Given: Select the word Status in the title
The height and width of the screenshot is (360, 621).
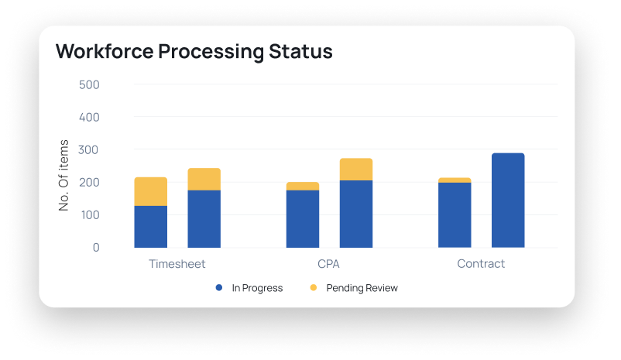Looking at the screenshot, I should [298, 52].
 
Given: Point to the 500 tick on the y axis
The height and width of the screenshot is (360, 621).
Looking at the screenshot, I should [89, 84].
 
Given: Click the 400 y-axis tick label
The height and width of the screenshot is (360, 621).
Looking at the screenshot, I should [89, 117].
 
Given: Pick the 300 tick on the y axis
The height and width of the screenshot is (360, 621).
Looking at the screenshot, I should [89, 149].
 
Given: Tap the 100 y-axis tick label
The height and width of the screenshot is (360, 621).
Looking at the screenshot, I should [89, 214].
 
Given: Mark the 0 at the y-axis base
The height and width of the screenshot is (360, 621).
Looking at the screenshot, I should [96, 248].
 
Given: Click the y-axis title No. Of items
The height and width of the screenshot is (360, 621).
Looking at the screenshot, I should [64, 175].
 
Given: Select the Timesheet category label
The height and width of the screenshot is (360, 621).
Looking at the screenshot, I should [177, 264].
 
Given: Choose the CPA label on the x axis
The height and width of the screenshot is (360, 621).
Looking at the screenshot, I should [329, 264].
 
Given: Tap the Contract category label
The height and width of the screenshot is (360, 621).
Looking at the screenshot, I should [481, 264].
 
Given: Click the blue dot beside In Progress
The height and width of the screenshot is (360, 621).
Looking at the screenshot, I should [219, 288].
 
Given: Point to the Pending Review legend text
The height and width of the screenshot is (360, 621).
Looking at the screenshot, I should [362, 288].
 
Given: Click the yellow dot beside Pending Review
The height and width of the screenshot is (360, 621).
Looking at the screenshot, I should [314, 288].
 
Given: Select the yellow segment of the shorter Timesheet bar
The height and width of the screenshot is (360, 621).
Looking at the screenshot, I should [151, 191].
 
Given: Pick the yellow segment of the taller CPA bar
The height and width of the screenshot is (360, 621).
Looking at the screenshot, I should [356, 170].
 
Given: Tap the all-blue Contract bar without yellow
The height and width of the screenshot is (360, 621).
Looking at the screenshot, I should [508, 201].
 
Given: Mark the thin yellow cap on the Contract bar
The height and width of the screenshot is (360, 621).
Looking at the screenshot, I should [455, 180].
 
